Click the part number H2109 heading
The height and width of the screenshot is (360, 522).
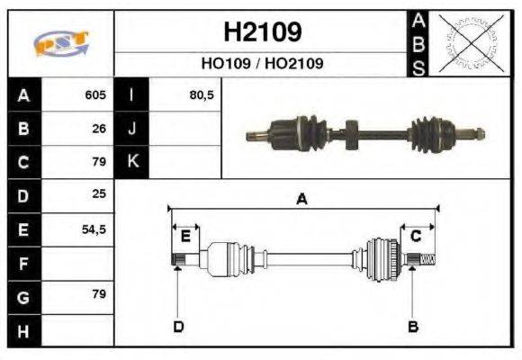pyautogui.click(x=261, y=32)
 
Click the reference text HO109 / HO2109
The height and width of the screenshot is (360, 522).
pyautogui.click(x=261, y=64)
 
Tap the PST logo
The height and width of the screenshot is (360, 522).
pyautogui.click(x=60, y=44)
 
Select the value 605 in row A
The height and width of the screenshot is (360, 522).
pyautogui.click(x=95, y=95)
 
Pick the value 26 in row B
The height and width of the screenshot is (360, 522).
pyautogui.click(x=99, y=129)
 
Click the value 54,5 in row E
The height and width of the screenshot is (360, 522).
pyautogui.click(x=94, y=229)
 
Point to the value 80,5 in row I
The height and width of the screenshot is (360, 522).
pyautogui.click(x=202, y=95)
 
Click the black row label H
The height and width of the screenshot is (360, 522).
pyautogui.click(x=23, y=331)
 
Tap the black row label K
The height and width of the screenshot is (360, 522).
pyautogui.click(x=131, y=162)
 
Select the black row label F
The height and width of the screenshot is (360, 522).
pyautogui.click(x=23, y=264)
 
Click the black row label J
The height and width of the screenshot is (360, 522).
pyautogui.click(x=131, y=129)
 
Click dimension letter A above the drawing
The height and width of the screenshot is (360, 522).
pyautogui.click(x=302, y=200)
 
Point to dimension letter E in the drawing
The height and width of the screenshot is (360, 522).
pyautogui.click(x=185, y=237)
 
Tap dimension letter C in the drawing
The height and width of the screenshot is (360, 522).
pyautogui.click(x=416, y=237)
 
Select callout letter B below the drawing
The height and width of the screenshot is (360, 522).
pyautogui.click(x=413, y=326)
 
